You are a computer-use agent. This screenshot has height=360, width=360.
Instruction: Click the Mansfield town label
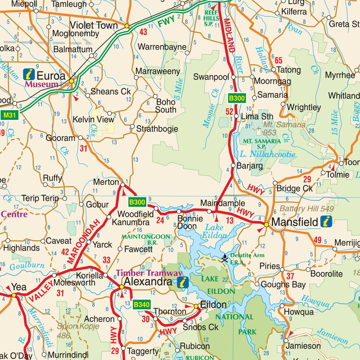click(295, 222)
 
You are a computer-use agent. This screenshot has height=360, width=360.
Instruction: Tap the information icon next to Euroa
click(29, 74)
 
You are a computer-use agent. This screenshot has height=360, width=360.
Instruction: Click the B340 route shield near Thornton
click(142, 305)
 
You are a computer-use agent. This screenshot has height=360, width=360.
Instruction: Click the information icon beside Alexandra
click(183, 282)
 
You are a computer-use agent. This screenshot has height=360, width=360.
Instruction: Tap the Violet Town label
click(94, 25)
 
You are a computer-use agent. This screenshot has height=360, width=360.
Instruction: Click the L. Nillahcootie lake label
click(268, 154)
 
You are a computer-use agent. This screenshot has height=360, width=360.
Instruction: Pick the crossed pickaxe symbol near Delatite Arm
click(225, 259)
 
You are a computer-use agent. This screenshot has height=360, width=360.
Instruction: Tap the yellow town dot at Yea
click(14, 295)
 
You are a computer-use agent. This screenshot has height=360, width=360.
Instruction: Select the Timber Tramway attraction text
click(149, 273)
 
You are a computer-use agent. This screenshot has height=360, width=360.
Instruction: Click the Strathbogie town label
click(157, 129)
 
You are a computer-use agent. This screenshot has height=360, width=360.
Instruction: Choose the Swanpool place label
click(211, 77)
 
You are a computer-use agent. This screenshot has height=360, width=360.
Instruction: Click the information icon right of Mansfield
click(327, 221)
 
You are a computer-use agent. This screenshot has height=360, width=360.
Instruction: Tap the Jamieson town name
click(303, 346)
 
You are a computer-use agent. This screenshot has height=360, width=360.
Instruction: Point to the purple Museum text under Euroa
click(41, 84)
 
